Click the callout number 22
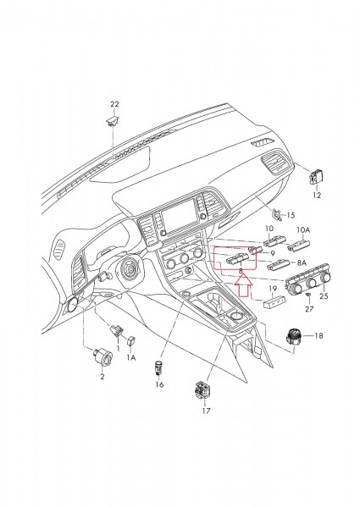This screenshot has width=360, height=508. click(115, 104)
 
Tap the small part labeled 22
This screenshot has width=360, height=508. click(112, 121)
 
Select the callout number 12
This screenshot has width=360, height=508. click(318, 195)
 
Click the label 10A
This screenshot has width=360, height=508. click(303, 229)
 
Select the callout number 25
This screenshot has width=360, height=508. click(324, 296)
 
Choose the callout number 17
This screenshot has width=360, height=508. click(206, 415)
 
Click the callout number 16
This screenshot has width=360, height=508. click(158, 384)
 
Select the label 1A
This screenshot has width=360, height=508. click(131, 358)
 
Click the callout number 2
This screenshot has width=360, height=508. click(102, 375)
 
